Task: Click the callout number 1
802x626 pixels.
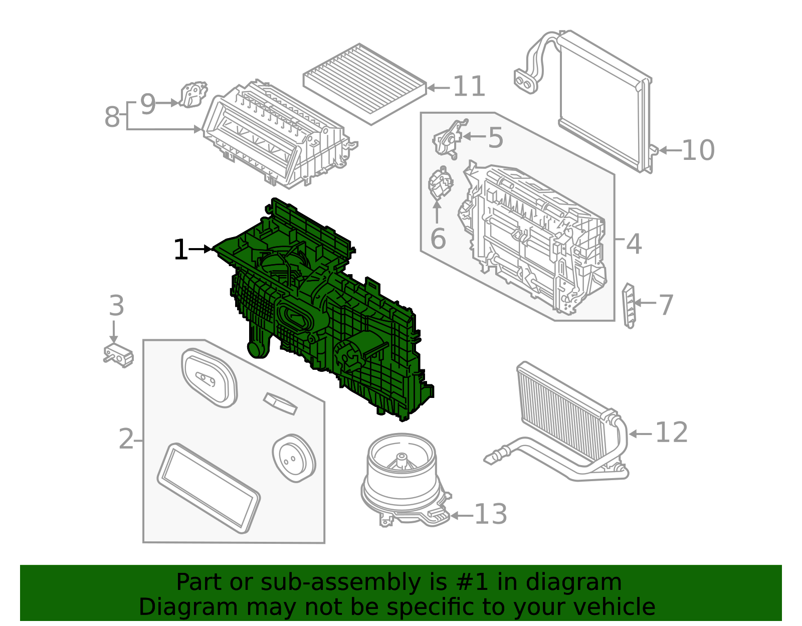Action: (x=181, y=250)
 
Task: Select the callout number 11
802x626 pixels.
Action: (x=469, y=87)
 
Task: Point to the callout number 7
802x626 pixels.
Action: (x=666, y=305)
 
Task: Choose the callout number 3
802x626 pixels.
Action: (x=116, y=305)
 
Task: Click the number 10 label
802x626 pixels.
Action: (x=698, y=150)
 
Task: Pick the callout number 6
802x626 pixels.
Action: (x=438, y=239)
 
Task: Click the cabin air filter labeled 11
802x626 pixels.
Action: (x=364, y=85)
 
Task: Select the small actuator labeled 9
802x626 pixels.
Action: (x=193, y=95)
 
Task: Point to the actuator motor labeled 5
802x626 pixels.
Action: (x=449, y=138)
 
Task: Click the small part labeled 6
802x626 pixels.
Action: (x=440, y=183)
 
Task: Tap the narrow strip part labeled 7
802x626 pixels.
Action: (x=629, y=305)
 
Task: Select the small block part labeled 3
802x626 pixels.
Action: (x=118, y=355)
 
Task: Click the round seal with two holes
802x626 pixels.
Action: (x=294, y=459)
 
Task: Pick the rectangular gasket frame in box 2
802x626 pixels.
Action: (x=209, y=488)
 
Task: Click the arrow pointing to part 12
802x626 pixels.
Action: (x=640, y=434)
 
